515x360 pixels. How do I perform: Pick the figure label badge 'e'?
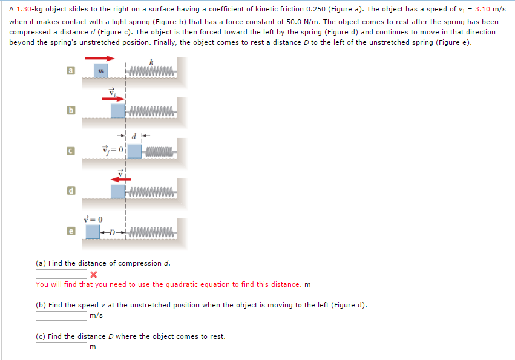pyautogui.click(x=71, y=231)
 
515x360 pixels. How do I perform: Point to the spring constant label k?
pyautogui.click(x=151, y=62)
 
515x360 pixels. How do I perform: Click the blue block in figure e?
pyautogui.click(x=93, y=231)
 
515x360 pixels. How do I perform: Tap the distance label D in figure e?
pyautogui.click(x=113, y=232)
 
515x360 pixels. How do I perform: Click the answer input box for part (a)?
pyautogui.click(x=61, y=275)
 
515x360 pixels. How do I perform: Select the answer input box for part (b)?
pyautogui.click(x=61, y=315)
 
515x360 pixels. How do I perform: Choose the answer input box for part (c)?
pyautogui.click(x=61, y=347)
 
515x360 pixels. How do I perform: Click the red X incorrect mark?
pyautogui.click(x=94, y=275)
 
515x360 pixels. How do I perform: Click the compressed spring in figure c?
pyautogui.click(x=159, y=151)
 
